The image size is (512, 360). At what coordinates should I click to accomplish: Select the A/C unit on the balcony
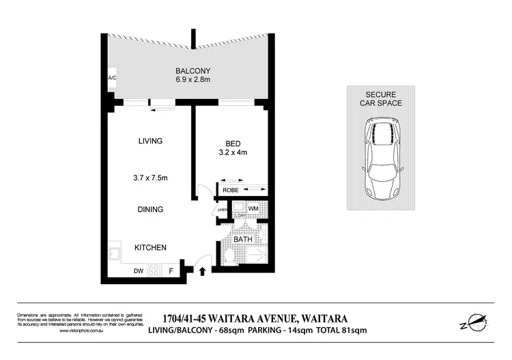point(112,79)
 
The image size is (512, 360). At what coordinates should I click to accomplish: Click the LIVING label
point(150,141)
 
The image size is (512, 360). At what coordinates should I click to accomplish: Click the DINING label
point(150,209)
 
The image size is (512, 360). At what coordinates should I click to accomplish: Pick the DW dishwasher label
point(139,271)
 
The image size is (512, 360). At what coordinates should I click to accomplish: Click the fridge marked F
point(171,271)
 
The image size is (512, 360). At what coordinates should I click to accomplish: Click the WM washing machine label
point(252,208)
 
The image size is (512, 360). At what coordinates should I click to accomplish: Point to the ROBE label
point(231,189)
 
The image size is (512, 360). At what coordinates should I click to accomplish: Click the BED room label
point(232,143)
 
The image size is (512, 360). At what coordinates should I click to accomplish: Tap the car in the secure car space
point(382,158)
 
